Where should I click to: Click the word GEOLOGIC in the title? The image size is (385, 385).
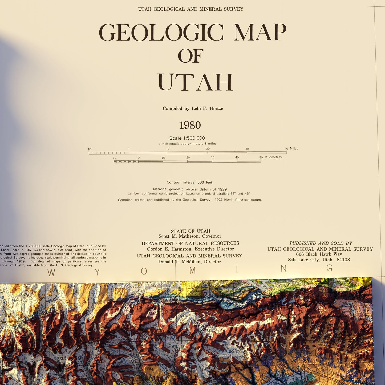tap(161, 33)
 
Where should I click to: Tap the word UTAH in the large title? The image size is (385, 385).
tap(195, 82)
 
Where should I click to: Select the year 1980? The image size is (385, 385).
tap(190, 125)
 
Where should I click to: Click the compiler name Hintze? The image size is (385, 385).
tap(216, 108)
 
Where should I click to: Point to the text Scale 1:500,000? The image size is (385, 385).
tap(187, 138)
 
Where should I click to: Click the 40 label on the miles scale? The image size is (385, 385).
tap(286, 149)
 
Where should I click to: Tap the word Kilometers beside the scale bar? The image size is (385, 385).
tap(273, 157)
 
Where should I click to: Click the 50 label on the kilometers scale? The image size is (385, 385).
tap(261, 157)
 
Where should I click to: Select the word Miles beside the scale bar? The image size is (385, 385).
tap(294, 149)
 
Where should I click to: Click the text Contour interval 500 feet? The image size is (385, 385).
tap(189, 182)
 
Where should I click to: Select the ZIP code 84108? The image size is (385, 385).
tap(343, 260)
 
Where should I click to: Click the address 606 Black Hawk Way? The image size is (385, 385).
tap(319, 254)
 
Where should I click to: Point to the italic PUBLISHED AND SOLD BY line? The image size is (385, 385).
tap(321, 243)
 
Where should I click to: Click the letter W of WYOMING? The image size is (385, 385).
tap(51, 273)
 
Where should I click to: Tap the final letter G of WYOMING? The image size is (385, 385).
tap(329, 268)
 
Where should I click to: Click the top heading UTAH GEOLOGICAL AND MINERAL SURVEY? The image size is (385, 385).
tap(191, 9)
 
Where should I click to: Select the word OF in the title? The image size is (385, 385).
tap(191, 56)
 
